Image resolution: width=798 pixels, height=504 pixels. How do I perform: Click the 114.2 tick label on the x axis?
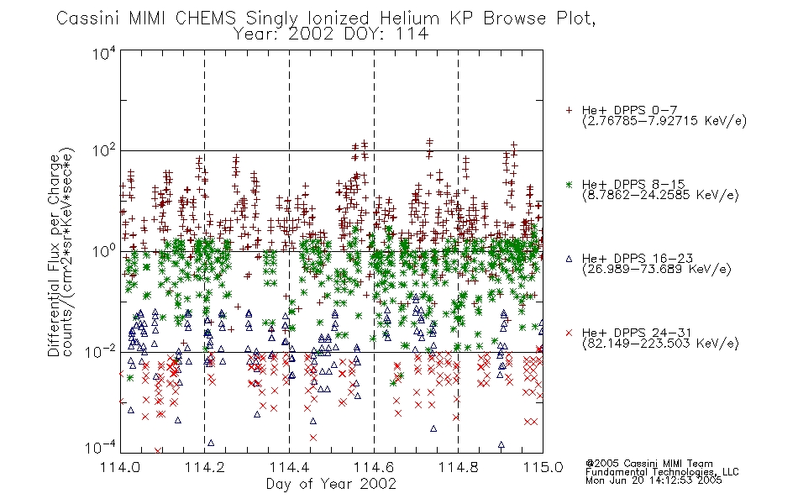point(205,467)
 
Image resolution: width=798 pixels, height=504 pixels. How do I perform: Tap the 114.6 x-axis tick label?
point(374,467)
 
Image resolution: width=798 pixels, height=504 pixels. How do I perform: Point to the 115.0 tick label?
point(543,467)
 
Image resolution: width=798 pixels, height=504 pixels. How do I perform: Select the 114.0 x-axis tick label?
point(120,467)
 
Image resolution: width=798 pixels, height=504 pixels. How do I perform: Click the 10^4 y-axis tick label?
point(104,52)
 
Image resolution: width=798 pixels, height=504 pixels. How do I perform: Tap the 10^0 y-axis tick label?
point(104,250)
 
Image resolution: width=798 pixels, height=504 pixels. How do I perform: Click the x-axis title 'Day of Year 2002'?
point(331,484)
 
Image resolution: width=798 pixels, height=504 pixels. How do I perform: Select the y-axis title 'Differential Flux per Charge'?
point(54,255)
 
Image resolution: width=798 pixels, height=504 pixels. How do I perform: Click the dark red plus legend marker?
point(569,110)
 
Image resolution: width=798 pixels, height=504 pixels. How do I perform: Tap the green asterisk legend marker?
point(569,184)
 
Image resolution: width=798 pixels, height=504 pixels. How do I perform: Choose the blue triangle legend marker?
point(569,259)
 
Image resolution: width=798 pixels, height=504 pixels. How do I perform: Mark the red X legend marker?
point(569,333)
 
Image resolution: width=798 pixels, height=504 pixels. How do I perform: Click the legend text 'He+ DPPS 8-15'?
point(633,184)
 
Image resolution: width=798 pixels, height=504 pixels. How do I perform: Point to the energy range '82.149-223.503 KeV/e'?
point(660,344)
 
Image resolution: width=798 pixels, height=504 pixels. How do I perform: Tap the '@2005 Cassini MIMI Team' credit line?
point(648,464)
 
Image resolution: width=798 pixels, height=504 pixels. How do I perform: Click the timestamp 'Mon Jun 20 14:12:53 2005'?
point(654,480)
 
